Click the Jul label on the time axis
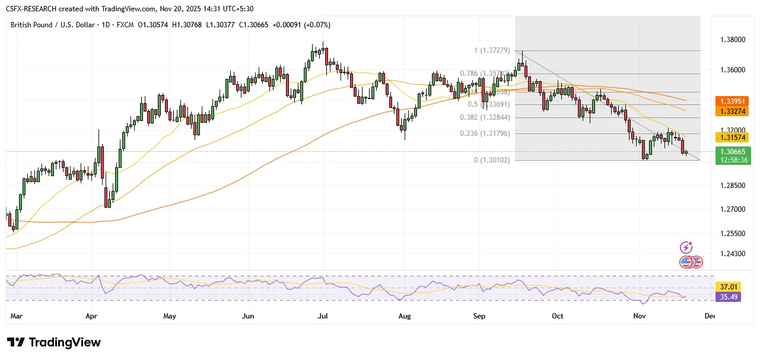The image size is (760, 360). tap(323, 316)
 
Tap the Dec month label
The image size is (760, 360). tap(710, 316)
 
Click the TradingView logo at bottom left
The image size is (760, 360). tap(54, 343)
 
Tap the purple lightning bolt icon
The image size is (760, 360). tap(686, 247)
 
